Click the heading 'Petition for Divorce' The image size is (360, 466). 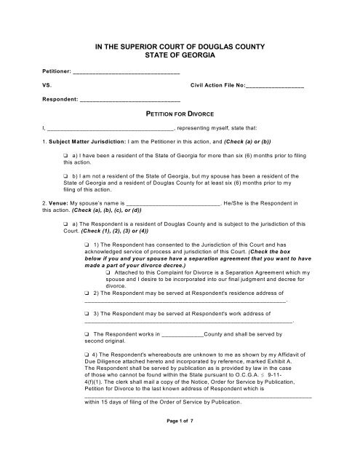(180, 115)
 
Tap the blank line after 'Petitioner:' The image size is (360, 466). (126, 73)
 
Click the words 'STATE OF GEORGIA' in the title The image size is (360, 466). (180, 55)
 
